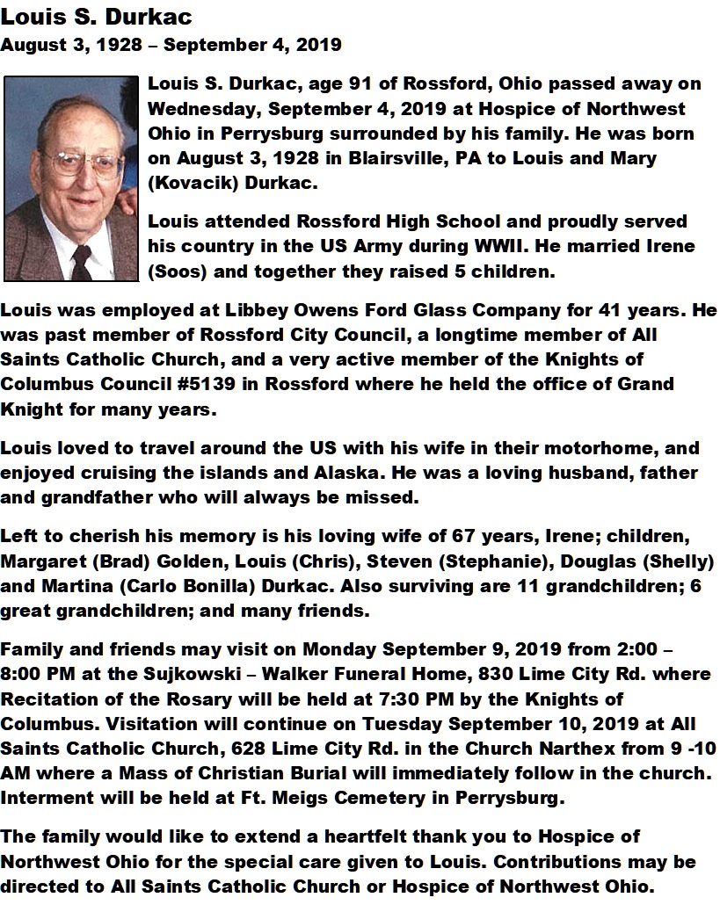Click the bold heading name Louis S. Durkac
pyautogui.click(x=96, y=17)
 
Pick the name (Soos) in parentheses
pyautogui.click(x=178, y=271)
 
